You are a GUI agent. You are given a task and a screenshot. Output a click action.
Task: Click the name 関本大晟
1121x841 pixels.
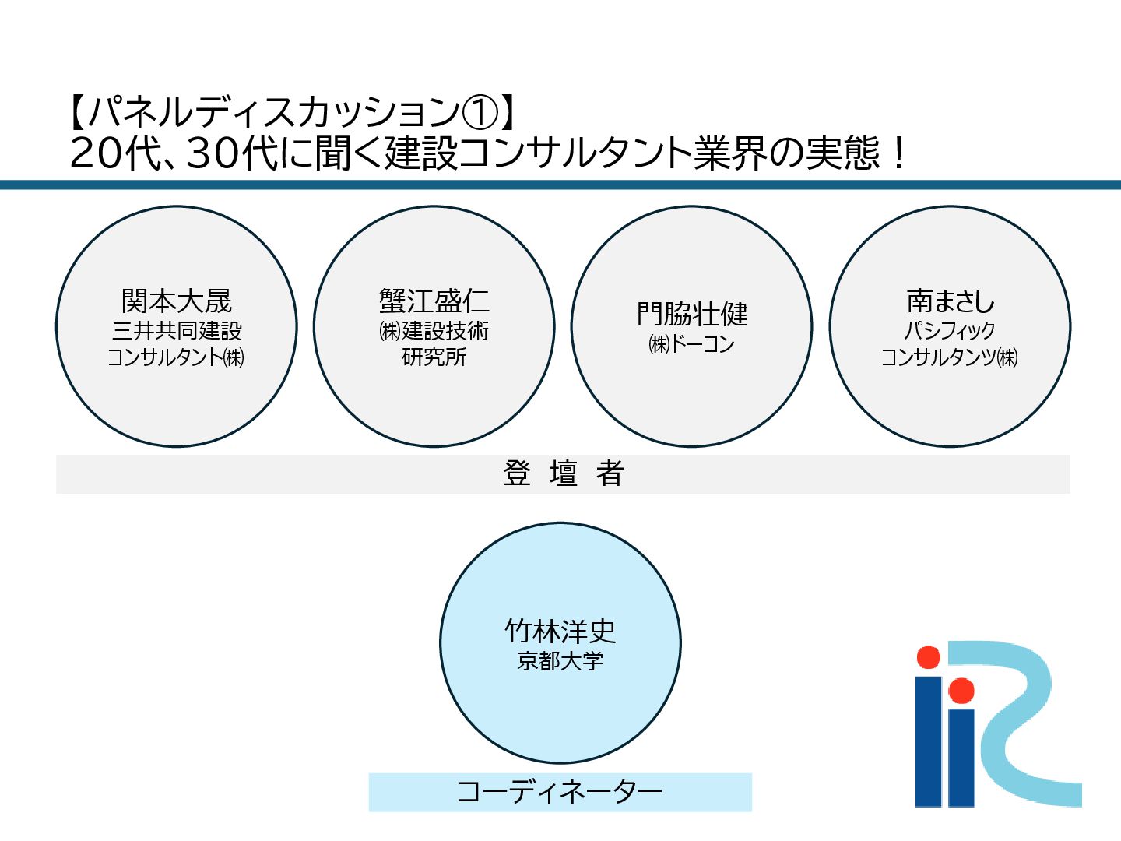(177, 301)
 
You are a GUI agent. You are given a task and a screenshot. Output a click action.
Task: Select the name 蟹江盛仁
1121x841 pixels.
(434, 301)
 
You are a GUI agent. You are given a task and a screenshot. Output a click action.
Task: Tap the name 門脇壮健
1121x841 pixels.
(692, 315)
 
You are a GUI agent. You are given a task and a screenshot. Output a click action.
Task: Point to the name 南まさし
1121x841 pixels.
(950, 301)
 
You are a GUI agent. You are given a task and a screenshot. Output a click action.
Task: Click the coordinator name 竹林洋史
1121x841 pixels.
(560, 631)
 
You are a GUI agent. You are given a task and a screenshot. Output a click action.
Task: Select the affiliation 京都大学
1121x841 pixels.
(560, 661)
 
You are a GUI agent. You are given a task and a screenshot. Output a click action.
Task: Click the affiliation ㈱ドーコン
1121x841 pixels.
(691, 343)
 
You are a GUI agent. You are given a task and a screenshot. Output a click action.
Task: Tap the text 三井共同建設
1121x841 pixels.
(177, 331)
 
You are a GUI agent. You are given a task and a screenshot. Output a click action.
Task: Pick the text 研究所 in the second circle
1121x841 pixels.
(434, 357)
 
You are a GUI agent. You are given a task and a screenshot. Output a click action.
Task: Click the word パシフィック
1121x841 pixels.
(950, 331)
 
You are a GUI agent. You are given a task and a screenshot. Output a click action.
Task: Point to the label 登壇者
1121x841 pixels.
(563, 473)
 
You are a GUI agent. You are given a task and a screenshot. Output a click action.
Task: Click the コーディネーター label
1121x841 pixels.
(560, 792)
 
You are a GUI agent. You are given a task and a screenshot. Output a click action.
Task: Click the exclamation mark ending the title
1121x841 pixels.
(899, 153)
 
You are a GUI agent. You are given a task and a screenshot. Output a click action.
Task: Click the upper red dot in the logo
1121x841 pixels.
(928, 657)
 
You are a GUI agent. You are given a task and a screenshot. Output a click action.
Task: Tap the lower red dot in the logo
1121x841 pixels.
(961, 690)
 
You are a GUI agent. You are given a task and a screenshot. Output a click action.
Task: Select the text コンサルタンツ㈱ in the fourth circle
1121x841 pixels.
(949, 357)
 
